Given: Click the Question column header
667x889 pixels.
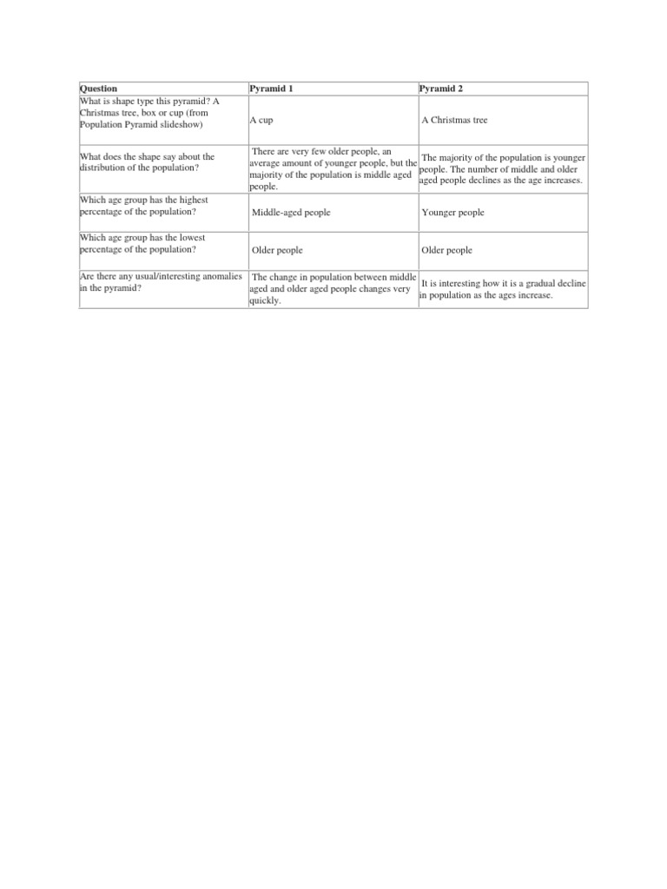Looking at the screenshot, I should [x=98, y=89].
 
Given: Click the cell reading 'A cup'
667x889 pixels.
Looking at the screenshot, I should [x=261, y=120].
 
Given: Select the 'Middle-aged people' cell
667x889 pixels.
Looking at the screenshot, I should [x=291, y=213].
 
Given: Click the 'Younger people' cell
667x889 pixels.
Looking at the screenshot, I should [x=452, y=213].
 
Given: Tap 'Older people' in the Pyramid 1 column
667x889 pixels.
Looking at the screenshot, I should [x=277, y=250].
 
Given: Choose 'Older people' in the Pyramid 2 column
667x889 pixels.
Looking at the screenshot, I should [x=446, y=250].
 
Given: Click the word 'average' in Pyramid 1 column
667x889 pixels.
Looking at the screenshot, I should [x=267, y=163].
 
